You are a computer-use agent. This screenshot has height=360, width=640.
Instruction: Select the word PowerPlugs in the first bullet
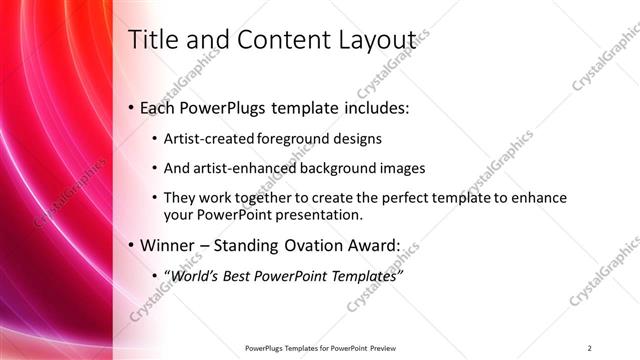[221, 107]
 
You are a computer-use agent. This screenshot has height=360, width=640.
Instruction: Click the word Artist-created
[209, 138]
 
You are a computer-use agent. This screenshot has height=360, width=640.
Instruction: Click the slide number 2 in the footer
[589, 347]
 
